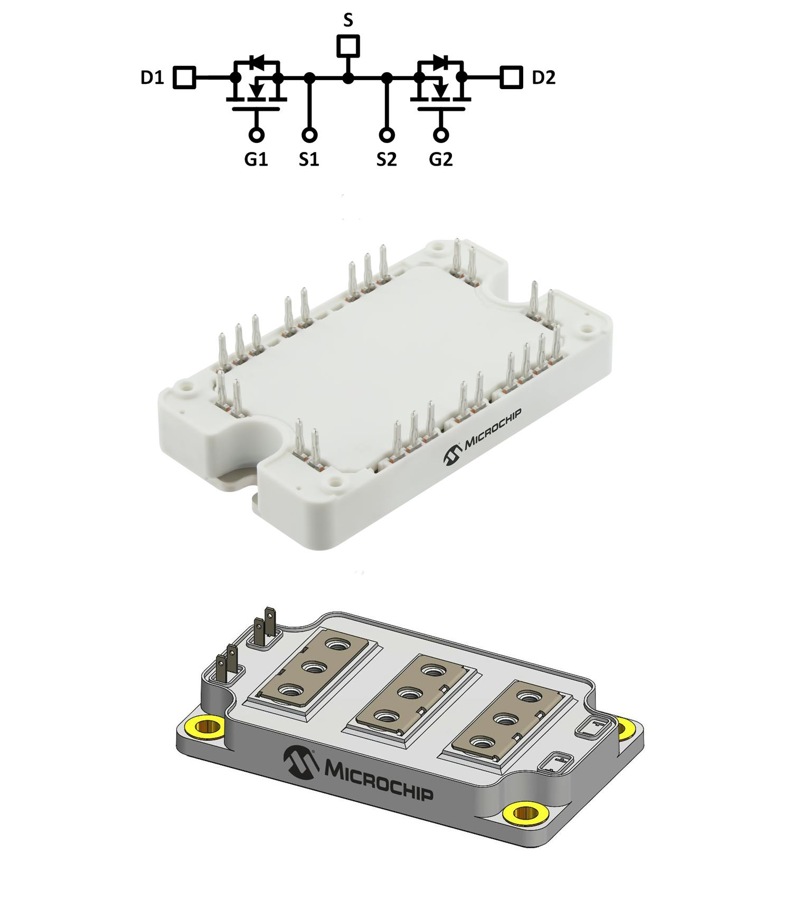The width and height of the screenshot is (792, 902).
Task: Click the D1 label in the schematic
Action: click(x=152, y=78)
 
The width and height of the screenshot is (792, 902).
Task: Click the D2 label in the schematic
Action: click(x=543, y=78)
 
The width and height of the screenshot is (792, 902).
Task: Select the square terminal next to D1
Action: click(x=185, y=78)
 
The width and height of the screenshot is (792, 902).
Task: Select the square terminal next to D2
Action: click(x=511, y=78)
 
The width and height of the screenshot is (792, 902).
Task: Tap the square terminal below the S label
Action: click(x=348, y=46)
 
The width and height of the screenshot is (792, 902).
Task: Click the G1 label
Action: click(x=256, y=159)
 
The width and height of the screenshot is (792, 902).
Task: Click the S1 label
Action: click(x=309, y=159)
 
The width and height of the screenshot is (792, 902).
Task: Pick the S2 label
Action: click(x=386, y=159)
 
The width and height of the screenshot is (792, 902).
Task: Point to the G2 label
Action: click(x=441, y=159)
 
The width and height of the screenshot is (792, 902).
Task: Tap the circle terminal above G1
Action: click(x=256, y=135)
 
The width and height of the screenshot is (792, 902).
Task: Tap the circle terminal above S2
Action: click(x=387, y=135)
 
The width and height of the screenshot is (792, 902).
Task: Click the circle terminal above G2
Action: click(x=441, y=135)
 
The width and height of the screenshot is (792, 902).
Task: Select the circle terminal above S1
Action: click(x=310, y=135)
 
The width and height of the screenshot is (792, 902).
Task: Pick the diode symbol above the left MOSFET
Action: click(x=258, y=62)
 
